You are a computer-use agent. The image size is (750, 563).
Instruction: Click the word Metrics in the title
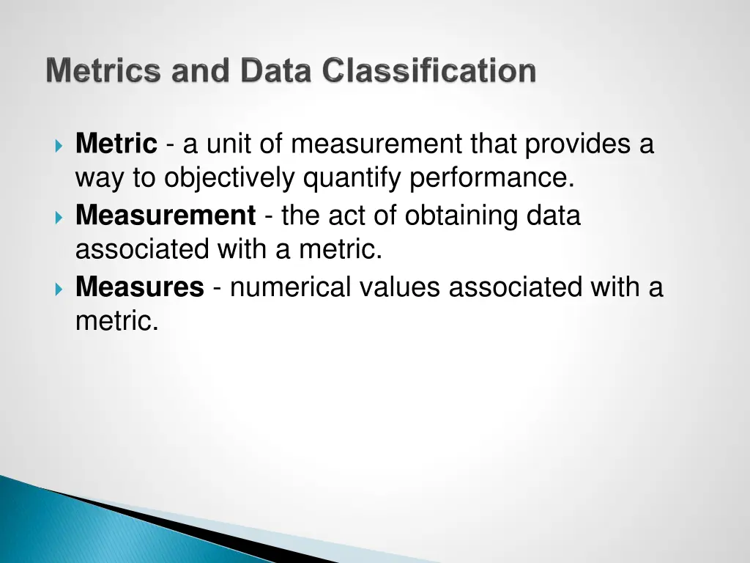[103, 71]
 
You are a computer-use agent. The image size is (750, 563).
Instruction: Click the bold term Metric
[116, 144]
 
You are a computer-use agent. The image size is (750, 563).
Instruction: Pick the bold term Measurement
[166, 216]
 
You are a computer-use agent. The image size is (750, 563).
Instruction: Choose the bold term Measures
[139, 287]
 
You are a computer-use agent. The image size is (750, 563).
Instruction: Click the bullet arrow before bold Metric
[59, 144]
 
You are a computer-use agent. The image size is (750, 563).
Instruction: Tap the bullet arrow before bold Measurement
[59, 216]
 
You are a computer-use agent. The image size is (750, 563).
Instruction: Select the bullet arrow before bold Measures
[59, 287]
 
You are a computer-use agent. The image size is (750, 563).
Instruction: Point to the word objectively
[230, 178]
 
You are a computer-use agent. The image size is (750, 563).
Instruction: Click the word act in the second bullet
[343, 216]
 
